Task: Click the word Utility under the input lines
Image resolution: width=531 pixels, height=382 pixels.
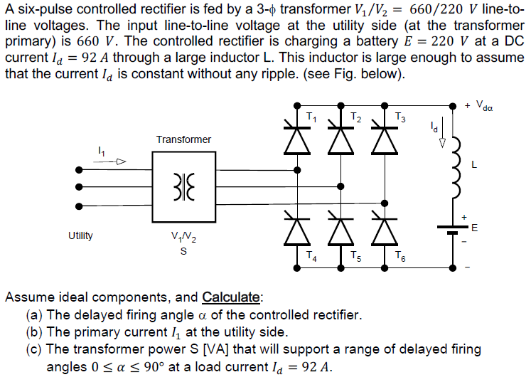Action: [x=80, y=235]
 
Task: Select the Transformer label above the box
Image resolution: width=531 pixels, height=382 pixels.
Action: [x=183, y=139]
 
